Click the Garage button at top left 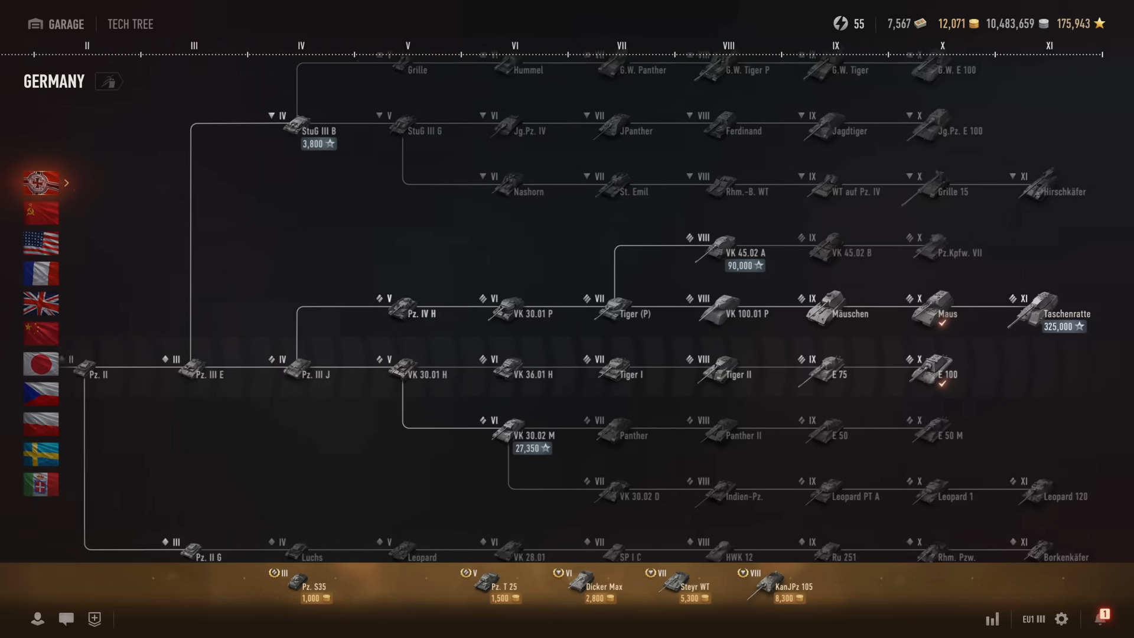tap(56, 24)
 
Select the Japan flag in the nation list tap(41, 364)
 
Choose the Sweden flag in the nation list tap(41, 454)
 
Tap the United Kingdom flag tap(41, 304)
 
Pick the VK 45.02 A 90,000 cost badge tap(745, 266)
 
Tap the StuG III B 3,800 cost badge tap(318, 144)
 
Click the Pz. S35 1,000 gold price tap(315, 598)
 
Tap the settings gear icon tap(1061, 619)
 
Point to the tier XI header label tap(1049, 45)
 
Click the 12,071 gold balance tap(957, 24)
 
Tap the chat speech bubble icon tap(66, 619)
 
